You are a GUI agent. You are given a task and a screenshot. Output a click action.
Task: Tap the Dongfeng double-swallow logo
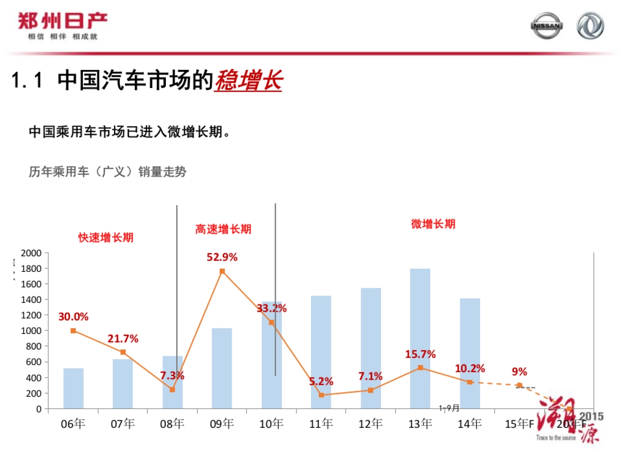click(x=590, y=26)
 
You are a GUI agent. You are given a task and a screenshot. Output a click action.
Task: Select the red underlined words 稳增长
click(x=248, y=81)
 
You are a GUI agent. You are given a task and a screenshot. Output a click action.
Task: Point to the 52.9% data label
click(x=222, y=257)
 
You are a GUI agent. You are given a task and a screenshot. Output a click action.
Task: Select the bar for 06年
click(x=74, y=388)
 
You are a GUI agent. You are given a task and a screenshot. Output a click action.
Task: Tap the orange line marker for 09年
click(x=222, y=271)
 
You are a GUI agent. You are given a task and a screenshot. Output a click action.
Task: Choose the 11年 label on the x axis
click(x=321, y=424)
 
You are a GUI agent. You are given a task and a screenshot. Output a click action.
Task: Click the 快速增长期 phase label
click(x=106, y=238)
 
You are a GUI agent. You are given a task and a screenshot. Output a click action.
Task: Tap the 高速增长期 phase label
click(x=223, y=229)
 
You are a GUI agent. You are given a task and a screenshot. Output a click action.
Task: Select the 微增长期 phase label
click(x=433, y=224)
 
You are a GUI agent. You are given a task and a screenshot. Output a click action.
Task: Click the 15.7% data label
click(x=420, y=355)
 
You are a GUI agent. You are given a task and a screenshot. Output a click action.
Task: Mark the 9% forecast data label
click(x=519, y=372)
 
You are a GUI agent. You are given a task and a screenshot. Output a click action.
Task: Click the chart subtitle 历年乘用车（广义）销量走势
click(x=107, y=172)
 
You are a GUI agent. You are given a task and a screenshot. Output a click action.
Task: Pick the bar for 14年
click(x=470, y=353)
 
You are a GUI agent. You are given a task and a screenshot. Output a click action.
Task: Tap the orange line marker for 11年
click(x=321, y=395)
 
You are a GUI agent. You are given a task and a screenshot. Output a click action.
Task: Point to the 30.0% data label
click(x=73, y=316)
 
